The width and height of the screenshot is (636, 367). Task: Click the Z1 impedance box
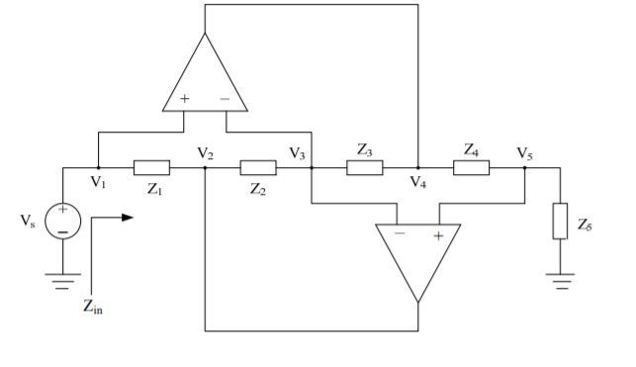coord(151,168)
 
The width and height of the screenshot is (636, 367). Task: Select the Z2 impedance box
coord(258,168)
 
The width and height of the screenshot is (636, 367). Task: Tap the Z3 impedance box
coord(364,168)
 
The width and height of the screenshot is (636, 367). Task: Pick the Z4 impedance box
coord(471,168)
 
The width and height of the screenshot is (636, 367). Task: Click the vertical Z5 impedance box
coord(560,223)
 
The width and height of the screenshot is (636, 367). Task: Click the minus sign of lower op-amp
coord(398,234)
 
